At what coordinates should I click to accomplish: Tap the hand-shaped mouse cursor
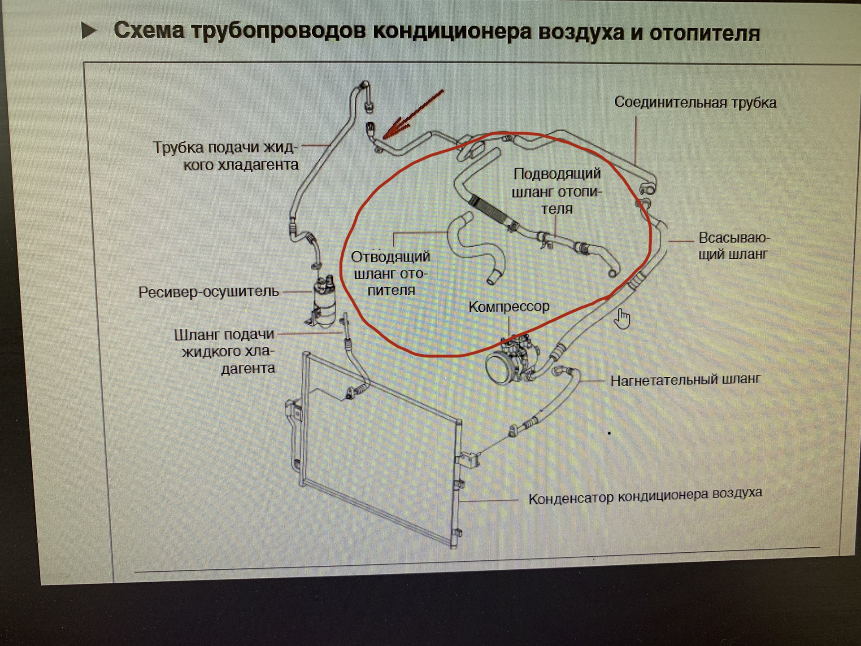pyautogui.click(x=622, y=318)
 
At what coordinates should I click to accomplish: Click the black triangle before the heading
pyautogui.click(x=89, y=31)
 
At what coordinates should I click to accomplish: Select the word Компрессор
pyautogui.click(x=509, y=307)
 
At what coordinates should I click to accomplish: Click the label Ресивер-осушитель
pyautogui.click(x=209, y=292)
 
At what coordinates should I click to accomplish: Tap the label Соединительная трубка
pyautogui.click(x=695, y=103)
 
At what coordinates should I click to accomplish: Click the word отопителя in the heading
pyautogui.click(x=704, y=33)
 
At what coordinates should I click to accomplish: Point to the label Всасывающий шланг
pyautogui.click(x=733, y=246)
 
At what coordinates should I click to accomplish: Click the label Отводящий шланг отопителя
pyautogui.click(x=390, y=273)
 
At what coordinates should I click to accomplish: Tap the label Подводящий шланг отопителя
pyautogui.click(x=557, y=191)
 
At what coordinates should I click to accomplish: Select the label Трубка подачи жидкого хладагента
pyautogui.click(x=226, y=156)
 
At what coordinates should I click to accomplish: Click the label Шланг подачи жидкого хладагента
pyautogui.click(x=224, y=351)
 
